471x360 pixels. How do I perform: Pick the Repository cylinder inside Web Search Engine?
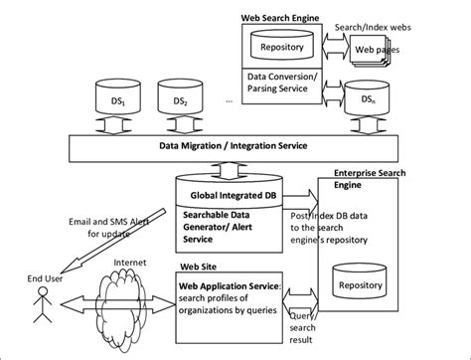pos(284,46)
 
